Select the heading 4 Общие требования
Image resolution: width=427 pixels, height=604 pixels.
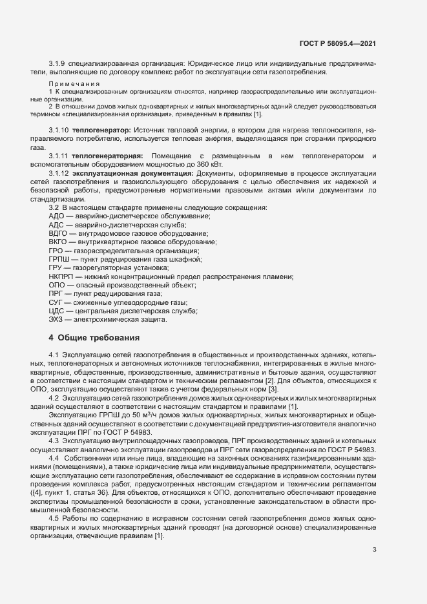tap(94, 337)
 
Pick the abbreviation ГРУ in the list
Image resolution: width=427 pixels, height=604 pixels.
tap(56, 267)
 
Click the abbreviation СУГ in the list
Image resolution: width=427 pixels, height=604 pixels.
tap(56, 302)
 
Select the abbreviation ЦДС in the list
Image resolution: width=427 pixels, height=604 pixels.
tap(56, 311)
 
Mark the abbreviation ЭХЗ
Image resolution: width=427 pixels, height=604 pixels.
tap(56, 320)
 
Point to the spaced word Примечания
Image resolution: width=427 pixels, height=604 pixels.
tap(74, 85)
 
